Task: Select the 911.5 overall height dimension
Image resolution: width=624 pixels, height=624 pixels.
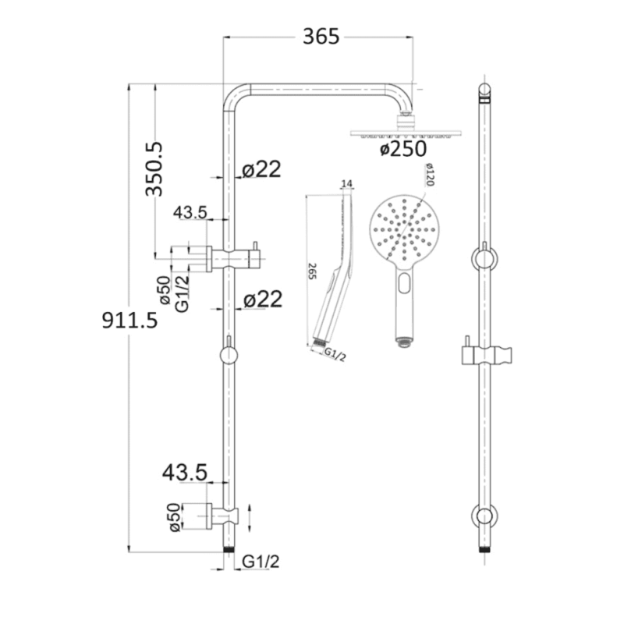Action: click(129, 320)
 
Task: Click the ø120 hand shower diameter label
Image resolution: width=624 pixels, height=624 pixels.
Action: click(428, 176)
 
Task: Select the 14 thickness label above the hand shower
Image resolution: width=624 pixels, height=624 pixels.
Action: click(347, 183)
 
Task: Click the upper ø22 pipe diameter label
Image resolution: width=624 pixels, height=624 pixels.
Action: click(261, 169)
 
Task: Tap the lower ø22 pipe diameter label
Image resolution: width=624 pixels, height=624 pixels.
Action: click(261, 299)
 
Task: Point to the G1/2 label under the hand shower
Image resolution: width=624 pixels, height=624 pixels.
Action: click(335, 356)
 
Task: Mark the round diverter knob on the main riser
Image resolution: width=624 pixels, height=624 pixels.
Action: click(229, 356)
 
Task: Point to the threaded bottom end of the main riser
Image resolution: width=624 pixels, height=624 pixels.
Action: click(229, 549)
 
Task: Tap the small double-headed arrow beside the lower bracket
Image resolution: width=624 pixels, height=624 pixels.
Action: click(249, 516)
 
